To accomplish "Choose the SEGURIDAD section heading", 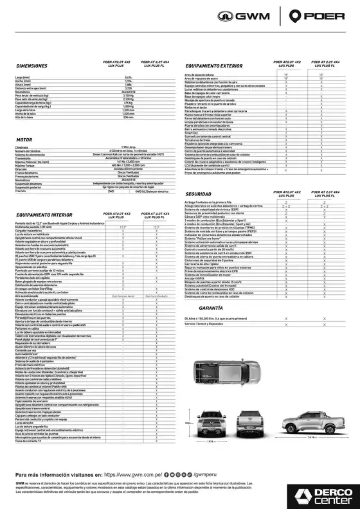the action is (198, 193).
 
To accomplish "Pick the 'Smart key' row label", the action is (190, 132).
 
